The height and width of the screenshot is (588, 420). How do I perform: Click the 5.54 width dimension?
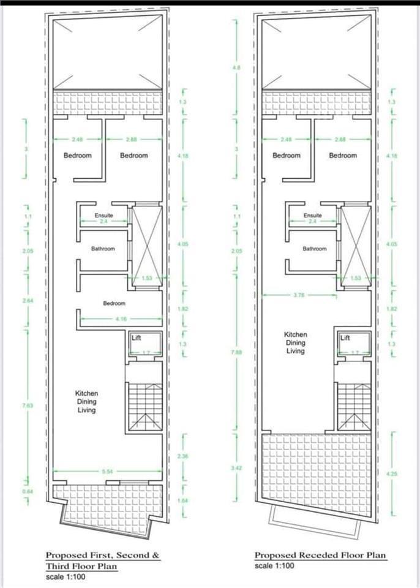pos(107,471)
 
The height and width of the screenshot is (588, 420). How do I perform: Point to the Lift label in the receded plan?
pos(346,337)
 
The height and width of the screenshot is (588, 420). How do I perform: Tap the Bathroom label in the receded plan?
pos(314,249)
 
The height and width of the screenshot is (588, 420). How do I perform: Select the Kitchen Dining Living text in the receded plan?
pos(295,343)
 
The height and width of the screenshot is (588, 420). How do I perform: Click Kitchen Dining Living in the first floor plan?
pos(86,402)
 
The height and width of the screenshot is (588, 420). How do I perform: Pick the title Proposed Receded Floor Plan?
pos(320,556)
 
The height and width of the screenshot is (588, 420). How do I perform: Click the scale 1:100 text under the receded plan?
pos(274,566)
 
